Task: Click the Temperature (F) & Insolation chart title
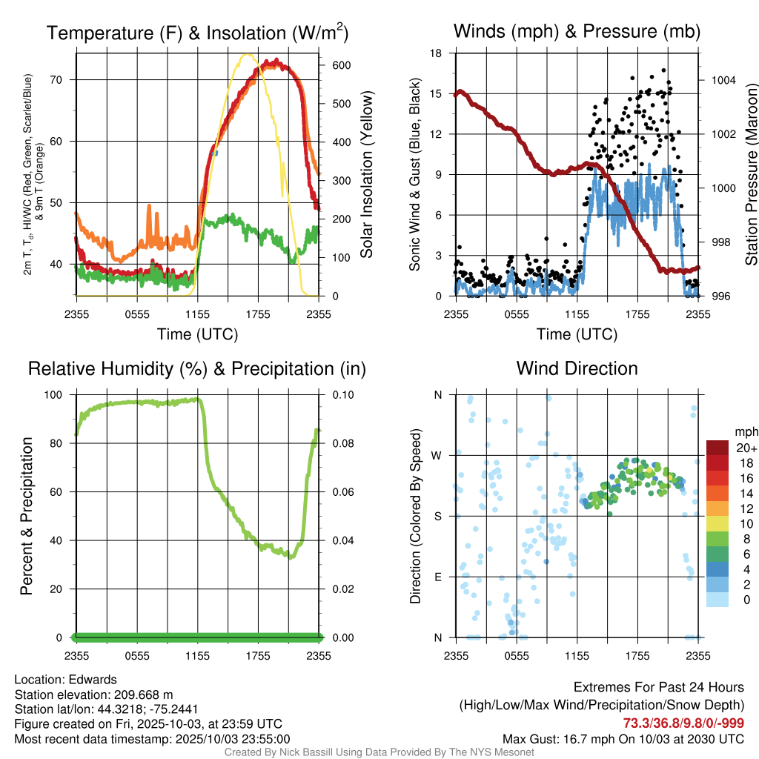197,33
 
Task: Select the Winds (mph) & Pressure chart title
577,31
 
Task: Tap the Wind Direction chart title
577,368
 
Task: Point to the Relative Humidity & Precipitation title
197,368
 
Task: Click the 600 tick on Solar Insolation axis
331,65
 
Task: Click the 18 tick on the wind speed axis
437,53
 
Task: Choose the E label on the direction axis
437,577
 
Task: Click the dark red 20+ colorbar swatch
718,447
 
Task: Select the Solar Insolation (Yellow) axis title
366,175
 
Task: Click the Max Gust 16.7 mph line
623,738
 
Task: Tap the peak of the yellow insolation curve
247,54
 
